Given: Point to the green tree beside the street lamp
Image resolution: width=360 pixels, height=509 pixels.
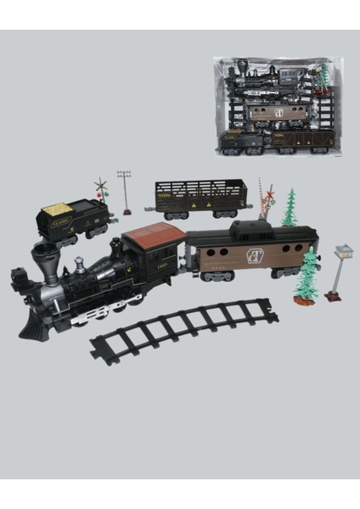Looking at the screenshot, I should coord(307,276).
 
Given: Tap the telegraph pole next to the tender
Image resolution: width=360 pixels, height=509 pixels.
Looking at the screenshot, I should coord(126,191).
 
